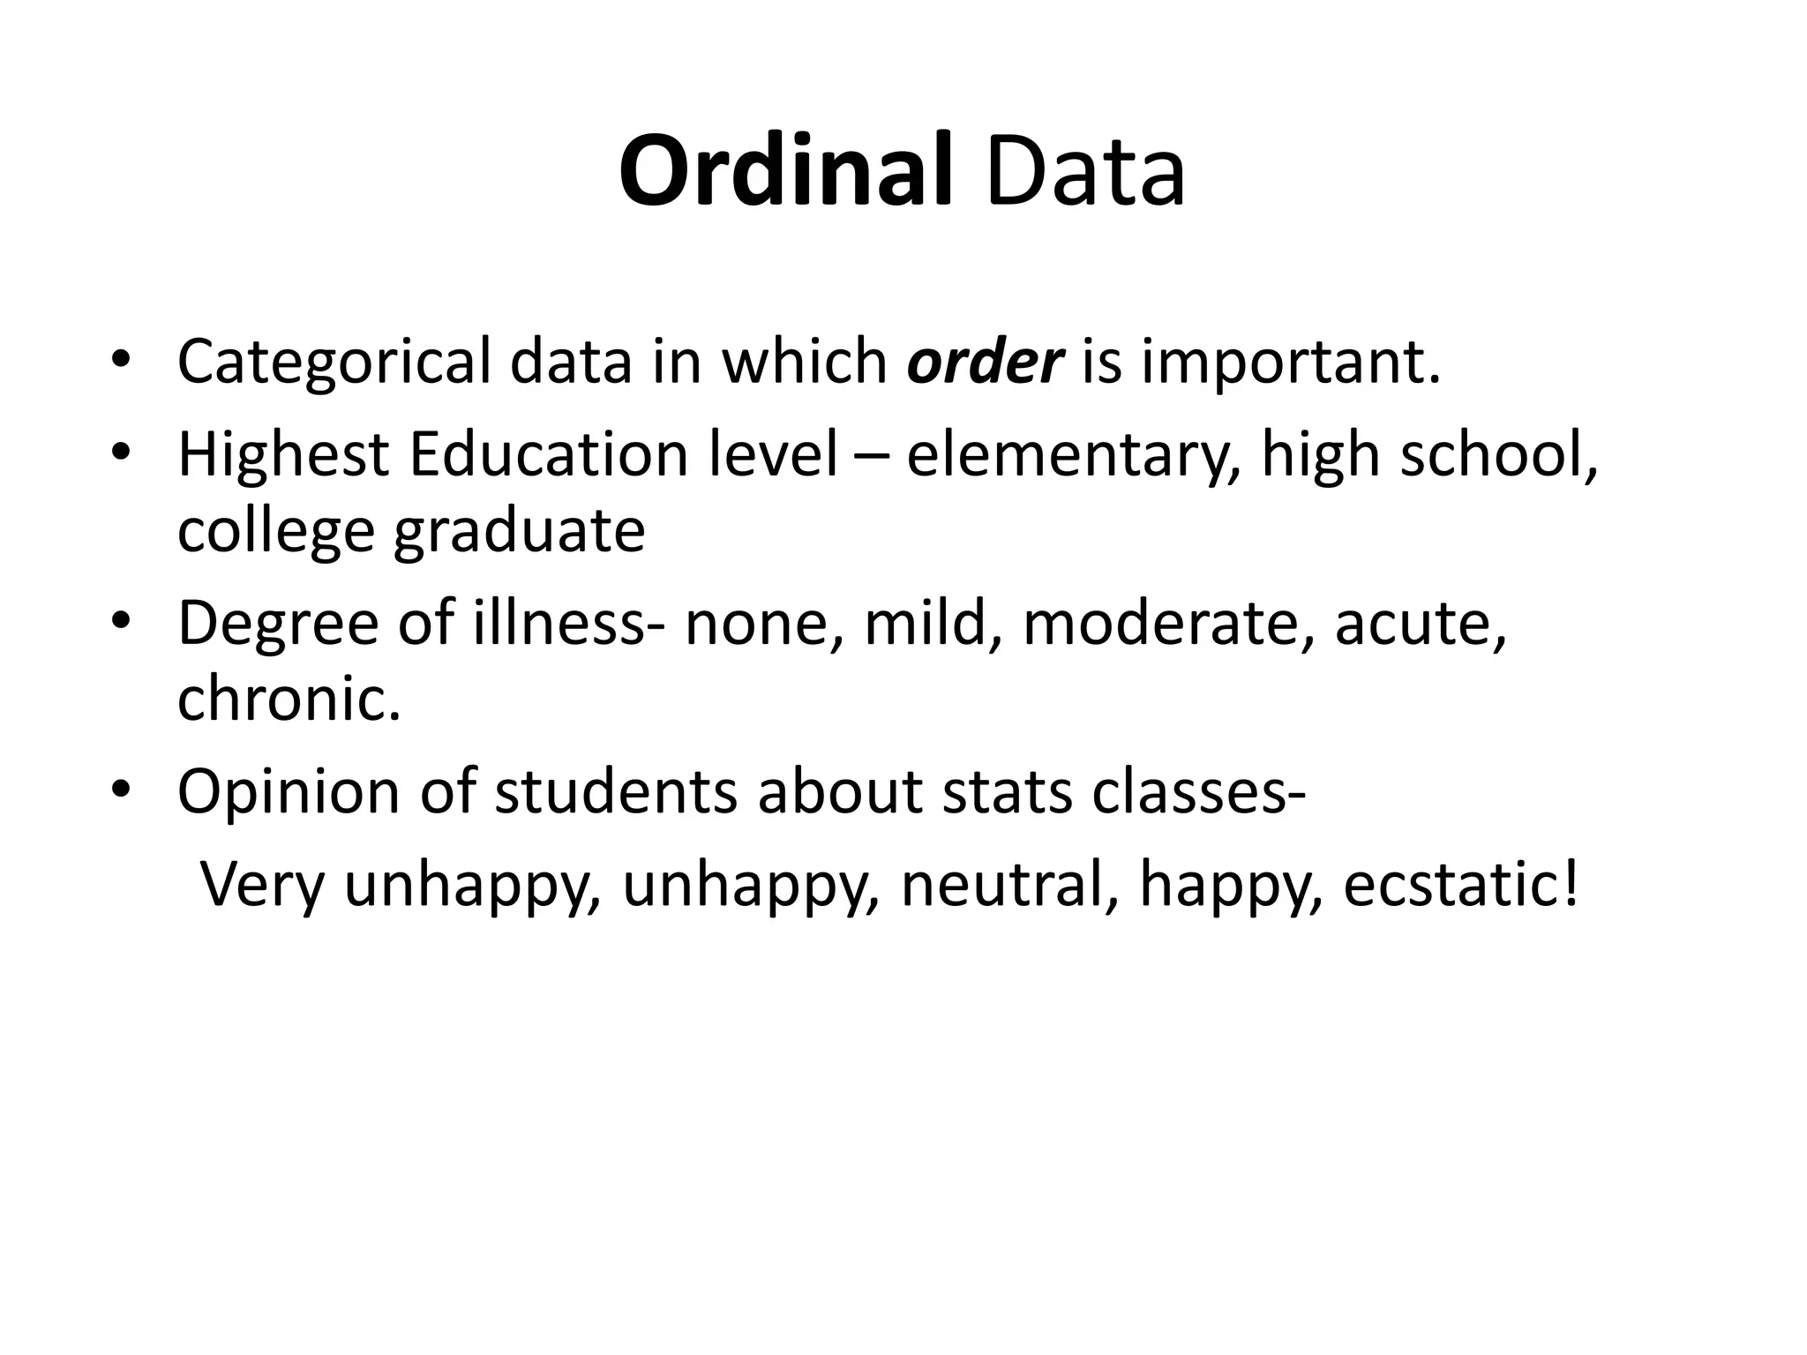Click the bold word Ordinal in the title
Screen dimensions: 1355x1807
tap(784, 171)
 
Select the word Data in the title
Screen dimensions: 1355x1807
tap(1084, 171)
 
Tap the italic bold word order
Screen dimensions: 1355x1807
tap(985, 363)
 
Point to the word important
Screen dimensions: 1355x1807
tap(1290, 363)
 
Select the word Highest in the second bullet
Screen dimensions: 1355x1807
tap(283, 456)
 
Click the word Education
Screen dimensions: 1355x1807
tap(548, 456)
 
